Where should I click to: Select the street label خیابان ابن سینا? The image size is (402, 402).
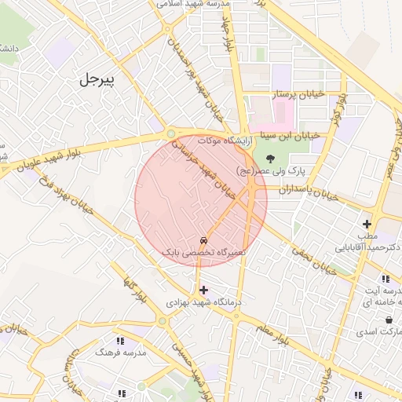point(291,135)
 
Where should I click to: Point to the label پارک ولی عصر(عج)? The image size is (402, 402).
point(271,170)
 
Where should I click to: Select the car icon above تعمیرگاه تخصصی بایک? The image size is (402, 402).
point(204,240)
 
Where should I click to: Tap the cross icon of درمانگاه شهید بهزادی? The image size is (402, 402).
point(204,290)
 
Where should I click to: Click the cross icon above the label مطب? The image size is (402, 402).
point(367,224)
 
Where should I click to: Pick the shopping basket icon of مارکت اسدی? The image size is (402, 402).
point(389,320)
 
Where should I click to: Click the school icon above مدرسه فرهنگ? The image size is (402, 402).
point(120,341)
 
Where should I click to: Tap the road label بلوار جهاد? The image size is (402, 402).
point(228,35)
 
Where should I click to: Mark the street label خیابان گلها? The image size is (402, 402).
point(135,289)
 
